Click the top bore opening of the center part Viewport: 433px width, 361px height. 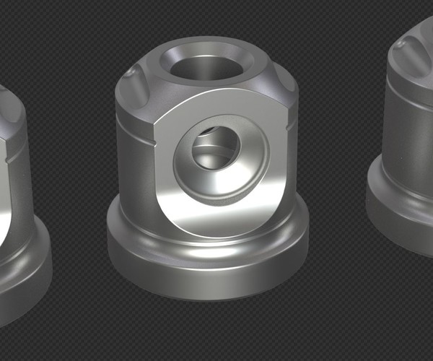point(206,69)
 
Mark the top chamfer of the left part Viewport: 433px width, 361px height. point(11,108)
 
